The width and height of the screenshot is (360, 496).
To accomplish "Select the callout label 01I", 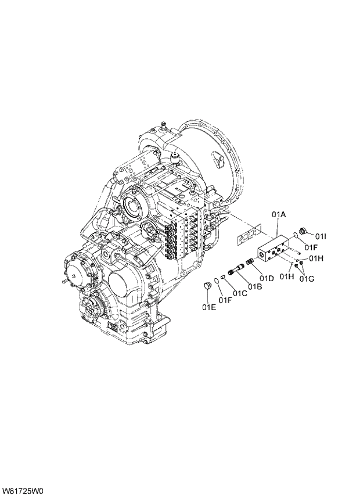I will pyautogui.click(x=322, y=236).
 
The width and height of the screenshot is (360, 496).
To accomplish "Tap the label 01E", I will pyautogui.click(x=209, y=307).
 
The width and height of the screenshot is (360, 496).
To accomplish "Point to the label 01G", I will pyautogui.click(x=307, y=279).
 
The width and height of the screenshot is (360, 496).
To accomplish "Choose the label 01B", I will pyautogui.click(x=254, y=286).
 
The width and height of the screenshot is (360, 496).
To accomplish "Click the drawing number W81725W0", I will pyautogui.click(x=23, y=490).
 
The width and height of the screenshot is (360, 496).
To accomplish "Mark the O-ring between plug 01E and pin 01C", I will pyautogui.click(x=217, y=281).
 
